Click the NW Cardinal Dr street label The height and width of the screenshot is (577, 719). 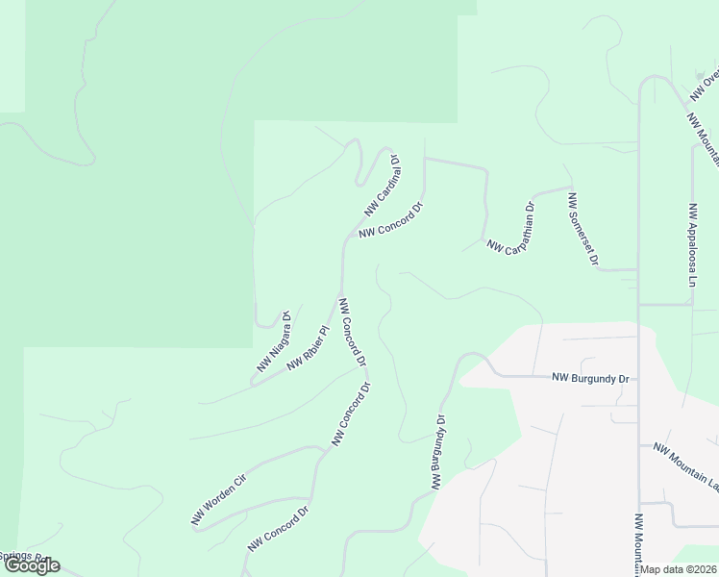pyautogui.click(x=383, y=187)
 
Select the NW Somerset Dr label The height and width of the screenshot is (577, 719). pyautogui.click(x=583, y=230)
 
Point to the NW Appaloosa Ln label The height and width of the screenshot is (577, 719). pyautogui.click(x=691, y=245)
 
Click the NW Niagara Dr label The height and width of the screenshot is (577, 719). pyautogui.click(x=273, y=341)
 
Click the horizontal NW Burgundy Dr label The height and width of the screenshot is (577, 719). pyautogui.click(x=590, y=379)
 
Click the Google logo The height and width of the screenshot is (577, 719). pyautogui.click(x=31, y=565)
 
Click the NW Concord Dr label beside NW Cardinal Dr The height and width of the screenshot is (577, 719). pyautogui.click(x=391, y=220)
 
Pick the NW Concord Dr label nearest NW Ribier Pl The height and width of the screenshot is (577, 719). pyautogui.click(x=352, y=332)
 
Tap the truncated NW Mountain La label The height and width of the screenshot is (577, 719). pyautogui.click(x=685, y=464)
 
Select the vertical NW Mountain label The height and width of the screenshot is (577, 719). pyautogui.click(x=638, y=544)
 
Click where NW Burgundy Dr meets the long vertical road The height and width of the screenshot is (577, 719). pyautogui.click(x=639, y=376)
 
